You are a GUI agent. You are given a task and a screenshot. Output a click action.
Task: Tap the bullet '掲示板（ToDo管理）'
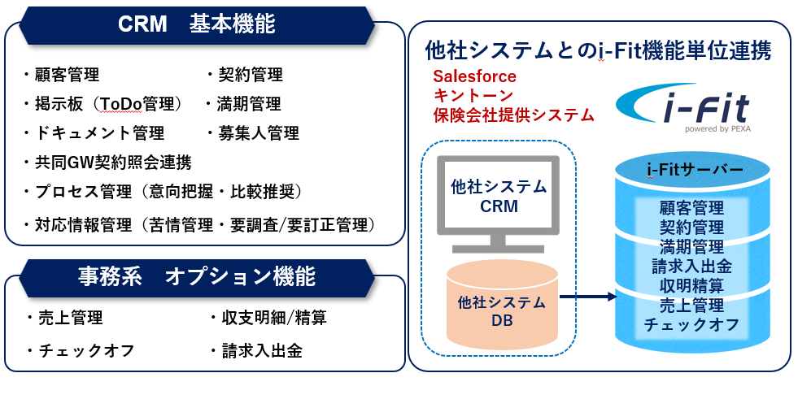[x=106, y=104]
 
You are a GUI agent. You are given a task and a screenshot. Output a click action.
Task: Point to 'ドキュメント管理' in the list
[x=94, y=132]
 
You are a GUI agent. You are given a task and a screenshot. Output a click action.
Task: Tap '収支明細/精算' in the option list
[x=268, y=318]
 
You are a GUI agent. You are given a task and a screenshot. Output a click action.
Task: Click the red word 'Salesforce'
[x=474, y=76]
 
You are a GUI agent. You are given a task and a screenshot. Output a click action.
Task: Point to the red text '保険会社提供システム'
[x=513, y=115]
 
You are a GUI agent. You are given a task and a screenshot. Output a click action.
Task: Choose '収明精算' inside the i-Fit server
[x=691, y=285]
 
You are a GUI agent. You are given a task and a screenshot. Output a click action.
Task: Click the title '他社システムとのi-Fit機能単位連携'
[x=598, y=51]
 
